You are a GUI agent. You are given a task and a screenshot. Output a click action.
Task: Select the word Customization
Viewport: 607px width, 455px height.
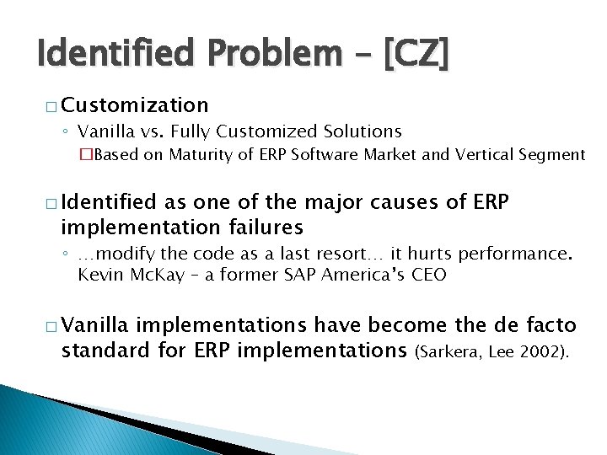pyautogui.click(x=135, y=104)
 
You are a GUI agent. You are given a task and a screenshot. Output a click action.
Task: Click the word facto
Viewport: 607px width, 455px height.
pyautogui.click(x=547, y=325)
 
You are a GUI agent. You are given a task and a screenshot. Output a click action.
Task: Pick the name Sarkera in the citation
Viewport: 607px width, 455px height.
pyautogui.click(x=459, y=351)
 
